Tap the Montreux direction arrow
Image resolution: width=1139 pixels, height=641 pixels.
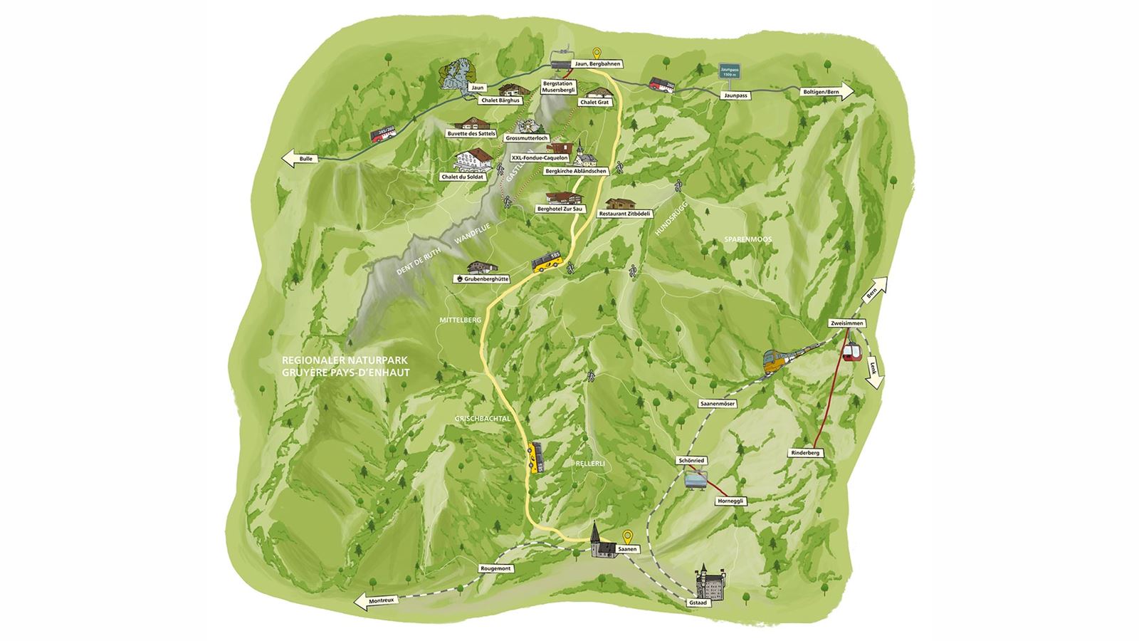pos(378,601)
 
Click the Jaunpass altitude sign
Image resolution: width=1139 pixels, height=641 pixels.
pos(727,73)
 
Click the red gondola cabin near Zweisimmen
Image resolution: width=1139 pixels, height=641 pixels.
pos(852,352)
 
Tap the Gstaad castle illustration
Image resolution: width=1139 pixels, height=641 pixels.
pos(713,585)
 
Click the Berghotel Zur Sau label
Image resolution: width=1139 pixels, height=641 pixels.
pos(560,209)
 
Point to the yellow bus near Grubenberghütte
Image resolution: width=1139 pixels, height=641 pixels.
pos(547,261)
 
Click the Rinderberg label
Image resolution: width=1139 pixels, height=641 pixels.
pos(805,453)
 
